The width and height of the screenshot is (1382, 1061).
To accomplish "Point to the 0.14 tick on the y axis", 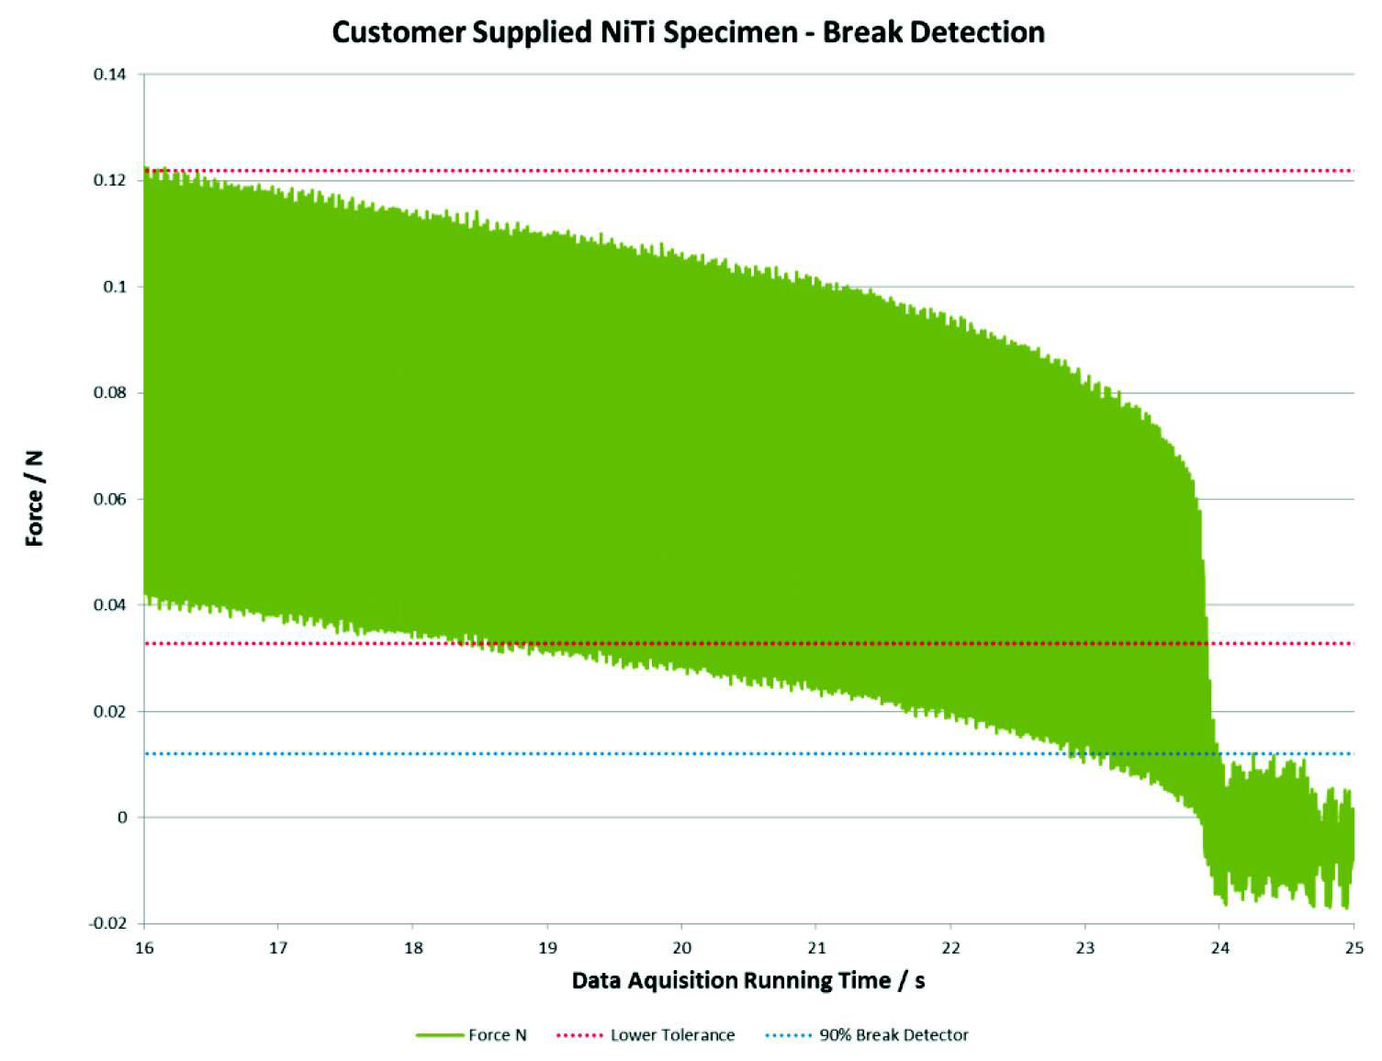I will click(x=110, y=74).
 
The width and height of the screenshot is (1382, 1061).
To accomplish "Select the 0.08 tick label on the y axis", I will click(x=110, y=393).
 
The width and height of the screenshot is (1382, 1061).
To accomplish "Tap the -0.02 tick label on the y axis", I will click(x=108, y=923).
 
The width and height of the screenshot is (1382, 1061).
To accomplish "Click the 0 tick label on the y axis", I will click(x=122, y=818).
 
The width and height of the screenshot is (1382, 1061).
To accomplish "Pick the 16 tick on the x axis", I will click(x=143, y=947).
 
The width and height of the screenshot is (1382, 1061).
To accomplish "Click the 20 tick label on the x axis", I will click(x=681, y=947).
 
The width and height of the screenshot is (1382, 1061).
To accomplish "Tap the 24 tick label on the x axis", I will click(x=1219, y=947).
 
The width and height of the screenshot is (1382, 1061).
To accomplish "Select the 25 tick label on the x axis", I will click(x=1353, y=947).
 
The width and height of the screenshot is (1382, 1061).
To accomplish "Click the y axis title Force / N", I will click(x=36, y=499).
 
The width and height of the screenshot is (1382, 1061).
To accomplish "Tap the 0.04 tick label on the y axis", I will click(x=110, y=605).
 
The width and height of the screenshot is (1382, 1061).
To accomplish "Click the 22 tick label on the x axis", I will click(x=950, y=947).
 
